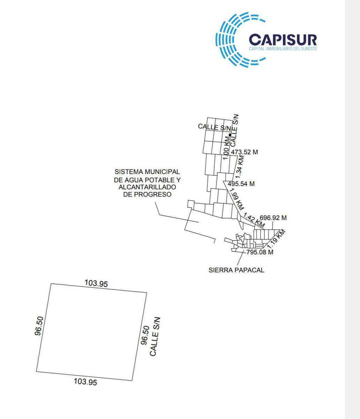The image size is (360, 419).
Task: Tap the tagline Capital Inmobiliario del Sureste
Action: pos(282,49)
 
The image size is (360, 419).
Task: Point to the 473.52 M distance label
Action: pos(244,152)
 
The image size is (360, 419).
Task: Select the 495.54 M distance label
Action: pos(241,184)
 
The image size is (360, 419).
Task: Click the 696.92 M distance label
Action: pos(273,218)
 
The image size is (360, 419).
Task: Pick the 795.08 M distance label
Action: pos(260,252)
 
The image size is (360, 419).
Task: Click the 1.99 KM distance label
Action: pos(236,199)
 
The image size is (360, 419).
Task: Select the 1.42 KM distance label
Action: pos(254,220)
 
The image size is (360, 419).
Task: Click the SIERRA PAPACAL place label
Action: pos(236,270)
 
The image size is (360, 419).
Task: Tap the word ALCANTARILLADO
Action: pos(147,187)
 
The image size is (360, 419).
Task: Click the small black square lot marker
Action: pos(230,135)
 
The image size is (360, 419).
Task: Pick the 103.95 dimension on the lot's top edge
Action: pos(96,283)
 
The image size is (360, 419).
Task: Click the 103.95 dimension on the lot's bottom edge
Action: pos(85,382)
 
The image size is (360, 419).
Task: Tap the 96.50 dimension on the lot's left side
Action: pos(39,326)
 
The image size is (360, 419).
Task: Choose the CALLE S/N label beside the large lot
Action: pos(155,337)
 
